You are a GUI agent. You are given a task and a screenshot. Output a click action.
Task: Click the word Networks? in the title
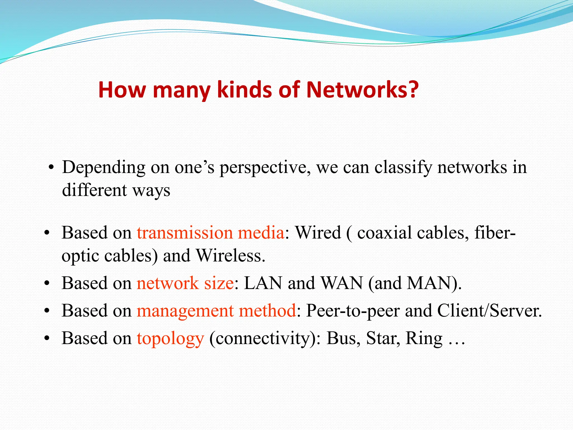pos(362,90)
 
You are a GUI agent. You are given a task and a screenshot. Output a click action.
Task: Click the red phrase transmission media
pos(210,233)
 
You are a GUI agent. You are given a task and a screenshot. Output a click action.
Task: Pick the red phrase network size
pos(185,283)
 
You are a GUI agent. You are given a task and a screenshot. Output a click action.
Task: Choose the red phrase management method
pos(216,311)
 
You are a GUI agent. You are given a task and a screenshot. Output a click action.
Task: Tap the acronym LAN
pos(263,283)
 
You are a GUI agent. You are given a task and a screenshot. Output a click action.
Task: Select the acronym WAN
pos(342,283)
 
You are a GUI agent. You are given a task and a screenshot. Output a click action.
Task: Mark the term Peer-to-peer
pos(353,311)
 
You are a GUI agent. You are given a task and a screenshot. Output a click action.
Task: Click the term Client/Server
pos(489,311)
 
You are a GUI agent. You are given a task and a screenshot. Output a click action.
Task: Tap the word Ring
pos(424,338)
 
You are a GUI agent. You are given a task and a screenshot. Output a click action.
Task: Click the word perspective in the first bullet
pos(265,168)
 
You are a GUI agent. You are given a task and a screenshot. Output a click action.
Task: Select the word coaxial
pos(384,233)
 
